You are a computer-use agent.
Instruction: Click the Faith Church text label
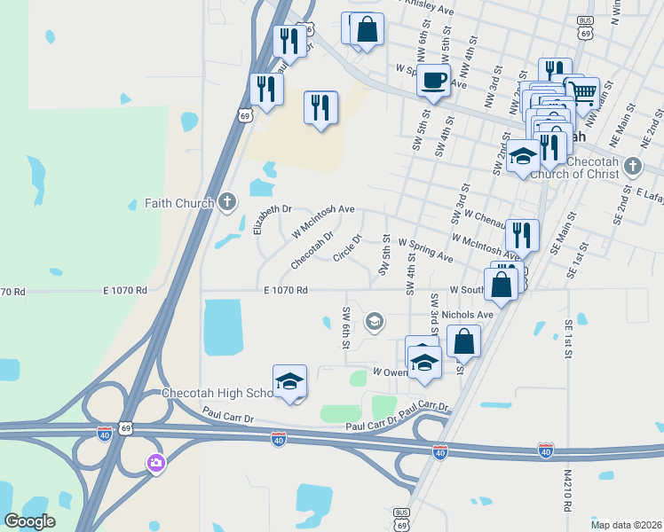[179, 203]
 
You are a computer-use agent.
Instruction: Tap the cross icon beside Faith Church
[227, 202]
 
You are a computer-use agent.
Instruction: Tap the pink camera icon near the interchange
[156, 463]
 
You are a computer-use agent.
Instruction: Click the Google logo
[29, 520]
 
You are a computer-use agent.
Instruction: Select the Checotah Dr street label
[311, 248]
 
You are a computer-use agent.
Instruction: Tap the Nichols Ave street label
[467, 315]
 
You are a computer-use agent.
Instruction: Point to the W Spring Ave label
[425, 248]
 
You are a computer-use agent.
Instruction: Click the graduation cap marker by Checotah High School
[289, 382]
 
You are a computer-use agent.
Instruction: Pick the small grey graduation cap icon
[375, 321]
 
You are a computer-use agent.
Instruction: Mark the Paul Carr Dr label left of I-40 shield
[228, 415]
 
